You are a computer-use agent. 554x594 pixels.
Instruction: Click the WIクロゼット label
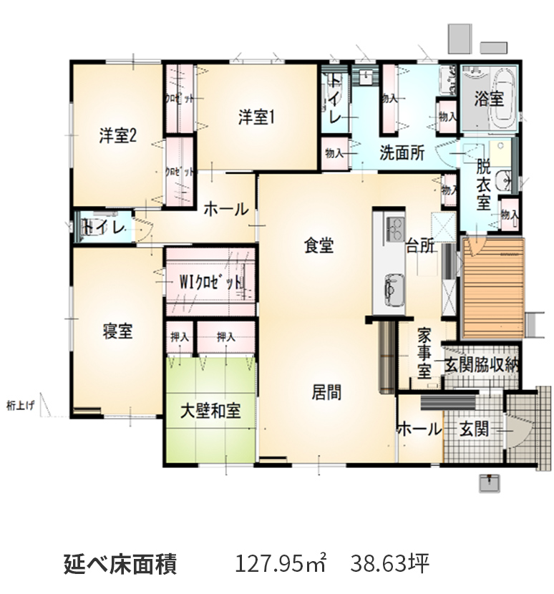point(210,282)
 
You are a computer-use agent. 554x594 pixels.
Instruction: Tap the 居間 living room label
point(326,391)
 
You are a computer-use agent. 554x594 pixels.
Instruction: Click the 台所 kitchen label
point(421,245)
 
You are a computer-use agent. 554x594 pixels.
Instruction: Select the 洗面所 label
point(403,152)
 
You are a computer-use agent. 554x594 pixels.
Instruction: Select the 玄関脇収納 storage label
point(482,364)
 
